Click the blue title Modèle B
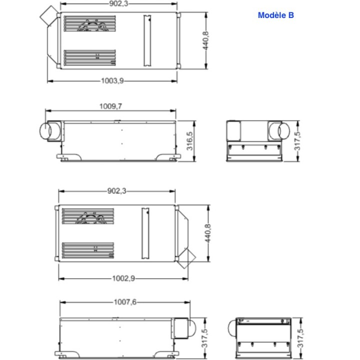(275, 15)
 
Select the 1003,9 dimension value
(112, 81)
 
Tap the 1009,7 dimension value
(110, 106)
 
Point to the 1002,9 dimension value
(123, 278)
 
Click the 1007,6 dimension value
(125, 302)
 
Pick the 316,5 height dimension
(190, 141)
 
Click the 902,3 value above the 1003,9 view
(118, 3)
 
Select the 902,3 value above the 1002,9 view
(117, 191)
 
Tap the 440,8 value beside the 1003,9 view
(205, 40)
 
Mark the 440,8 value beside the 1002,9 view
(208, 233)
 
